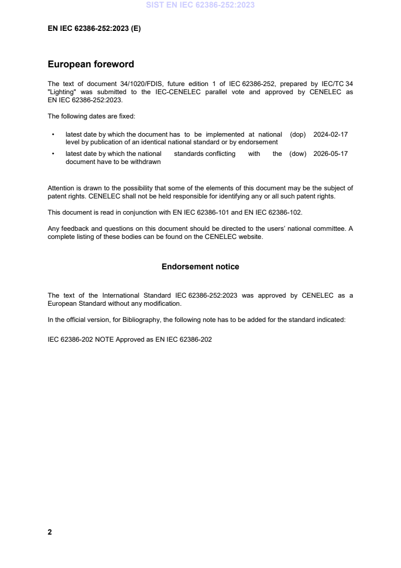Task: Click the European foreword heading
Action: click(91, 64)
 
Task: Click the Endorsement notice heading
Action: click(200, 266)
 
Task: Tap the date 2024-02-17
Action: click(330, 135)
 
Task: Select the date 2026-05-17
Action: click(330, 154)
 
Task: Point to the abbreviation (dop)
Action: click(298, 135)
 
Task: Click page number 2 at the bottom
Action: click(50, 532)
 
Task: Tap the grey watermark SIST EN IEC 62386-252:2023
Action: click(200, 5)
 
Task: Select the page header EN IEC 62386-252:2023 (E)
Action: click(94, 29)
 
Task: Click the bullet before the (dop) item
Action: click(53, 135)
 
